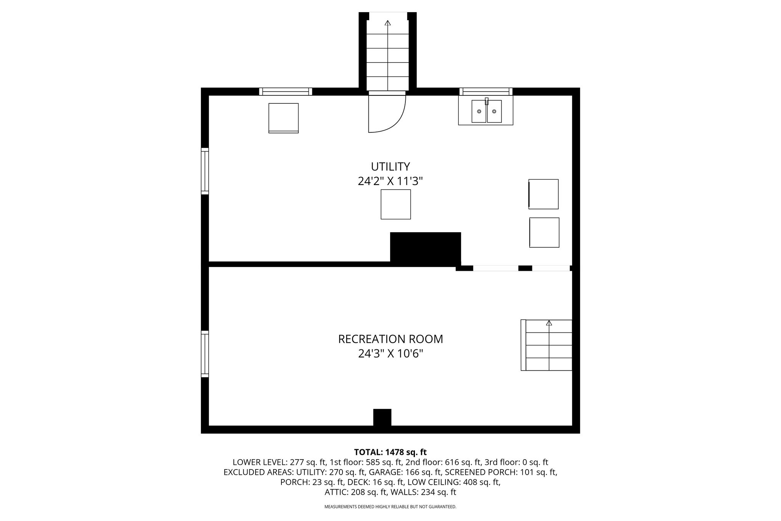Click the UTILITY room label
pyautogui.click(x=390, y=167)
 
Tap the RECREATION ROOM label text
pyautogui.click(x=390, y=339)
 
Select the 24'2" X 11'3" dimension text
pyautogui.click(x=390, y=181)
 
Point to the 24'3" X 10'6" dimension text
pyautogui.click(x=390, y=354)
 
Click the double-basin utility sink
pyautogui.click(x=486, y=111)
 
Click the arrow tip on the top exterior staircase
pyautogui.click(x=387, y=21)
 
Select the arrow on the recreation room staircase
pyautogui.click(x=549, y=345)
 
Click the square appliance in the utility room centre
pyautogui.click(x=395, y=204)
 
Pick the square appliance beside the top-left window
pyautogui.click(x=283, y=118)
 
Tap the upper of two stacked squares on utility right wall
pyautogui.click(x=543, y=194)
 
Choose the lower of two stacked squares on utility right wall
pyautogui.click(x=544, y=232)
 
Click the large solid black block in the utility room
pyautogui.click(x=425, y=249)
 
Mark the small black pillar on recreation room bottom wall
pyautogui.click(x=382, y=417)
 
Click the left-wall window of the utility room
pyautogui.click(x=205, y=171)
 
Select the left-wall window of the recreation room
pyautogui.click(x=205, y=354)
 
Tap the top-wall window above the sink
pyautogui.click(x=486, y=92)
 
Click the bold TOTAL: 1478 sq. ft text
pyautogui.click(x=390, y=452)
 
